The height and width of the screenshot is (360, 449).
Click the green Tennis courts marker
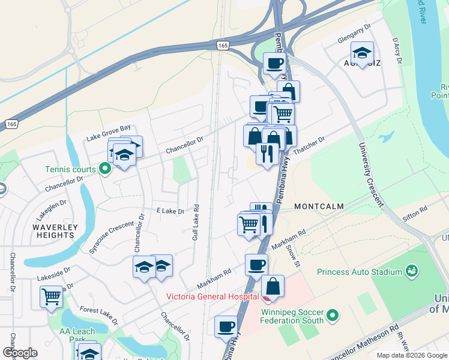coord(105,169)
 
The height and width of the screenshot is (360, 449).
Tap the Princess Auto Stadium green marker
coord(411,271)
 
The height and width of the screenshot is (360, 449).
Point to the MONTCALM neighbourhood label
coord(319,206)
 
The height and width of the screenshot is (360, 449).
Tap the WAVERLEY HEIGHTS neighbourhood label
coord(55,231)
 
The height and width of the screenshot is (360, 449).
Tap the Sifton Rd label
coord(415,211)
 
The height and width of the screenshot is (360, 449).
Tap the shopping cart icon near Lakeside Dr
coord(52,295)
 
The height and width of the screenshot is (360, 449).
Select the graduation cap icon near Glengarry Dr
coord(363,52)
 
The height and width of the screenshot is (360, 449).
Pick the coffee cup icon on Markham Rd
coord(257,264)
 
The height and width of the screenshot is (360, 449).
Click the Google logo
coord(20,353)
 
